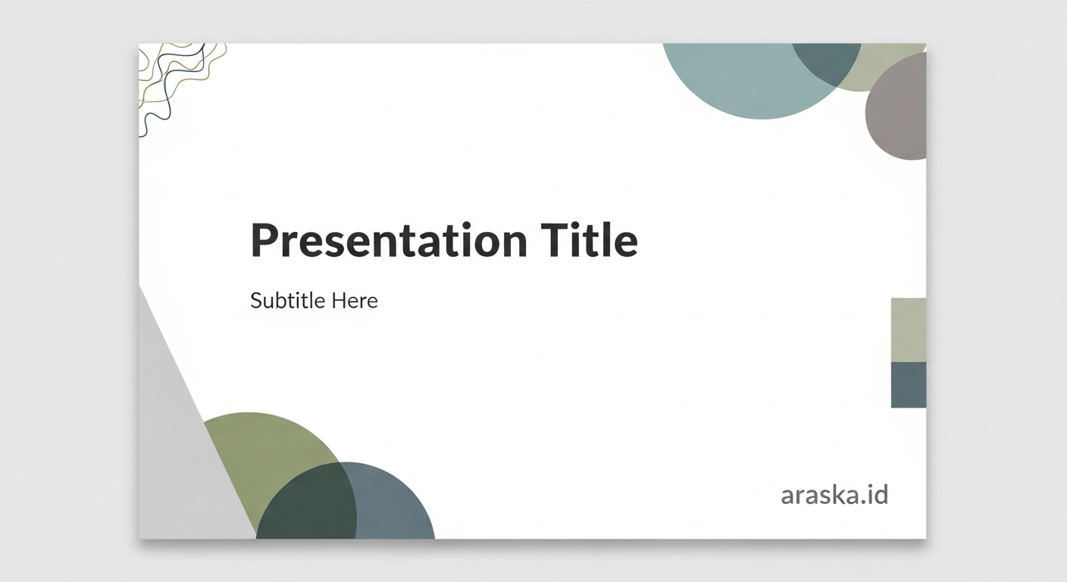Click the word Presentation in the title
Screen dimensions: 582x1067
[389, 241]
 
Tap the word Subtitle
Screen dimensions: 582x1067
[288, 301]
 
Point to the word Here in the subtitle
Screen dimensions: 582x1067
[355, 301]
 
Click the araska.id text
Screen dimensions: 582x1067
[834, 496]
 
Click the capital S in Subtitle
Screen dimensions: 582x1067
[256, 301]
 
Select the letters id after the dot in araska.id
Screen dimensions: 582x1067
[878, 495]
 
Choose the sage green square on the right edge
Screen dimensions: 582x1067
[908, 330]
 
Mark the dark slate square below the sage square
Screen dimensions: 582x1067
[908, 384]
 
